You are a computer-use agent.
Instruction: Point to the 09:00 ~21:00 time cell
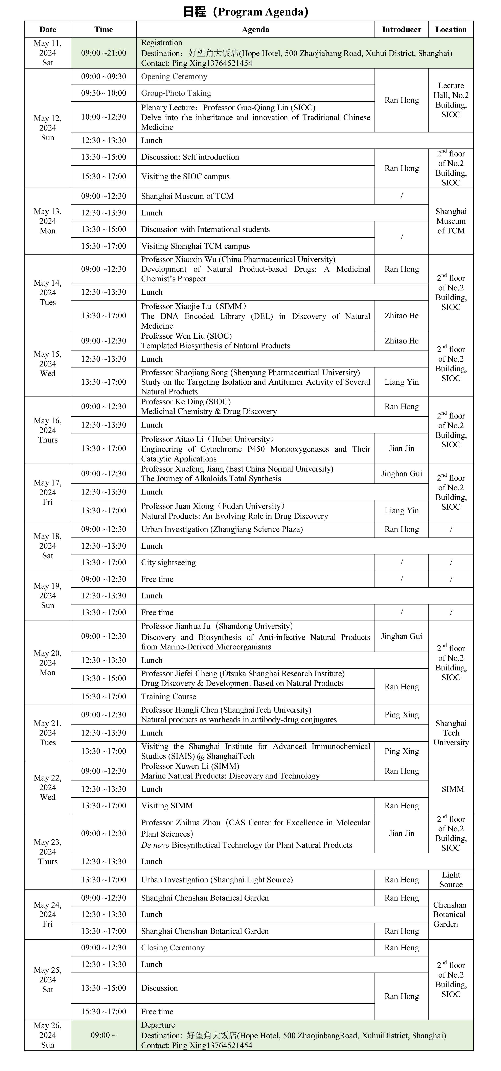[104, 53]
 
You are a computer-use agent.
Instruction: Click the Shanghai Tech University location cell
[451, 733]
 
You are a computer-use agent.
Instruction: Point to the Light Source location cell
[451, 879]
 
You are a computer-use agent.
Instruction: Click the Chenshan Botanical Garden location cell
[449, 914]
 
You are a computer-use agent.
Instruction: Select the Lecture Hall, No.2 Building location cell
[451, 100]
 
